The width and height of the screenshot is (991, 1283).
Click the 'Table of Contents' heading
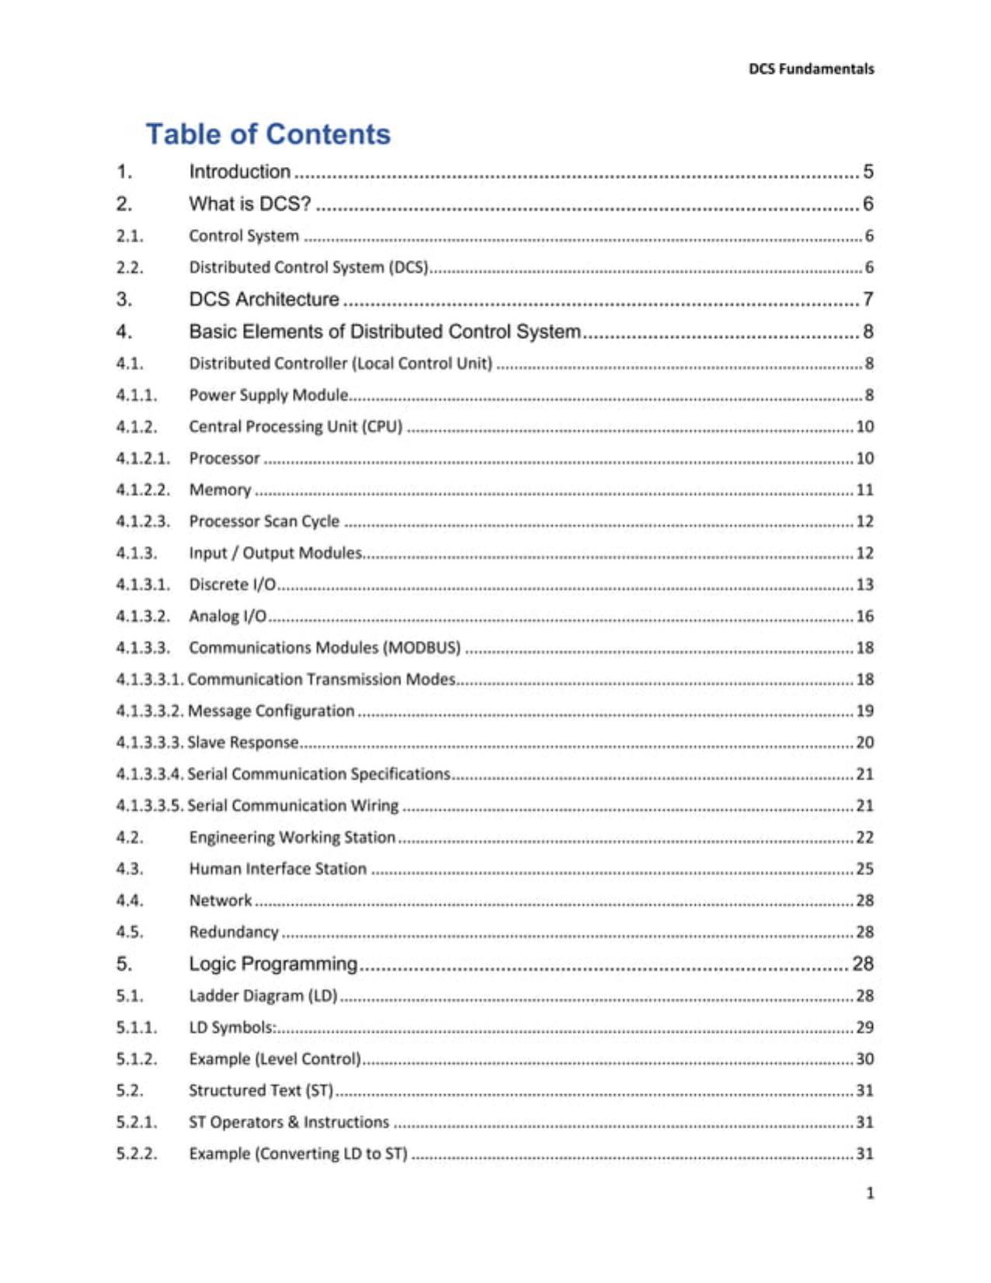click(268, 134)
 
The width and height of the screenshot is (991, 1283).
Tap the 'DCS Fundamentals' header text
click(811, 69)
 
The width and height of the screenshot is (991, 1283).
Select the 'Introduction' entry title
click(239, 172)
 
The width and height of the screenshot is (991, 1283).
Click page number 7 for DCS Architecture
click(868, 299)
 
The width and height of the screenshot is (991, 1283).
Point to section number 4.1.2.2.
click(143, 490)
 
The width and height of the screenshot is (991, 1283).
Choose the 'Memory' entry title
click(220, 490)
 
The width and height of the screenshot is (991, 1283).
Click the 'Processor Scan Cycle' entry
click(264, 521)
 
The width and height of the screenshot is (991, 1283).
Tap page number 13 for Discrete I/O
click(864, 584)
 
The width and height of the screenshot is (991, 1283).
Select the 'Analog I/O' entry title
click(228, 616)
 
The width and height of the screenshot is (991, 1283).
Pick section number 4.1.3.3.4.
click(150, 774)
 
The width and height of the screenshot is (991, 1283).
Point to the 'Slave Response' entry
click(242, 742)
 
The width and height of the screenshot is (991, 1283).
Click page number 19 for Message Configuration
click(864, 711)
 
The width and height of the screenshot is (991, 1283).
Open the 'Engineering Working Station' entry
click(292, 837)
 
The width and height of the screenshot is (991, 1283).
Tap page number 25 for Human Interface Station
click(864, 869)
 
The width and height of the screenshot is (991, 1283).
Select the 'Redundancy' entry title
click(234, 932)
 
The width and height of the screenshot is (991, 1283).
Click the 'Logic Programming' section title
click(273, 964)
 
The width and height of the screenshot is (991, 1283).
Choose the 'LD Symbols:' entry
click(232, 1027)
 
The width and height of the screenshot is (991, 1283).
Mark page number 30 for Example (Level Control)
click(864, 1059)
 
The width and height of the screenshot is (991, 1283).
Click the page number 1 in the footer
click(870, 1193)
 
